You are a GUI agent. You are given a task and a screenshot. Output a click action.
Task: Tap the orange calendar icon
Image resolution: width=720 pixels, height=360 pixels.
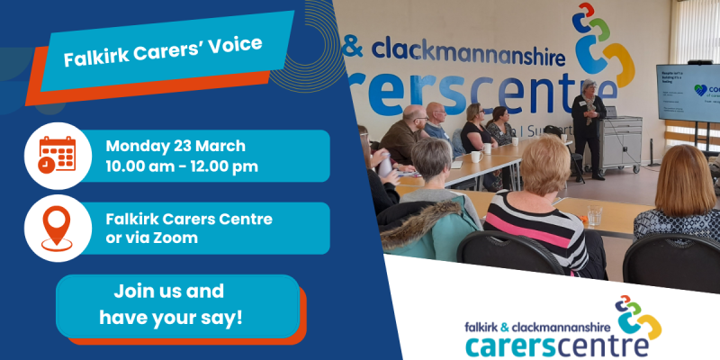coord(56,154)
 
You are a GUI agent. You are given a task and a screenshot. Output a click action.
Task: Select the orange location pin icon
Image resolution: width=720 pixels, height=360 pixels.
coord(56,228)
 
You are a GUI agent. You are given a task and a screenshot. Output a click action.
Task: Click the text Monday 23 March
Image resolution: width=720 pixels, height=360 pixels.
coord(175,146)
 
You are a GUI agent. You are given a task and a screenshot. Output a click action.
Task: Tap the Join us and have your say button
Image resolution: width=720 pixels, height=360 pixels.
coord(170,305)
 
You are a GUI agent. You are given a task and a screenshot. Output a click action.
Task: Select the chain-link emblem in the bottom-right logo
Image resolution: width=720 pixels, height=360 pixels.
coord(641,316)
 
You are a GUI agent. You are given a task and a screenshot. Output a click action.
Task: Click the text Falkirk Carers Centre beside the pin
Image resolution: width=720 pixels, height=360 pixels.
coord(189,219)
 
